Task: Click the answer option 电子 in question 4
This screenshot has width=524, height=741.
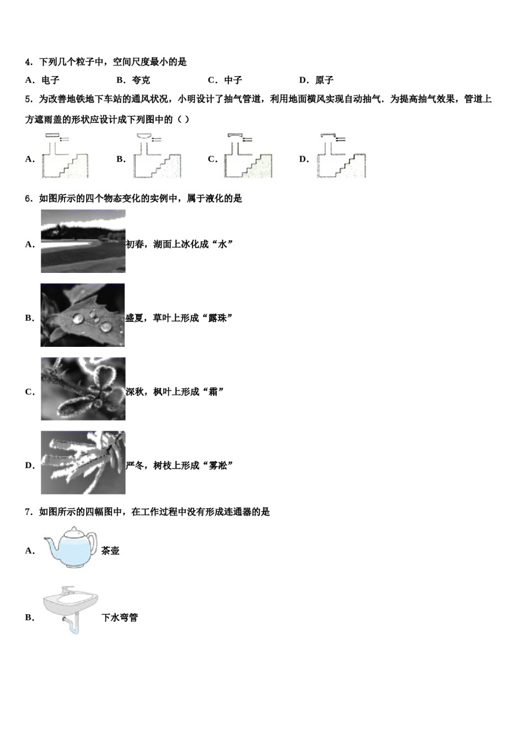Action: coord(50,80)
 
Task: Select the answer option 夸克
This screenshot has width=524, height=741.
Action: coord(141,80)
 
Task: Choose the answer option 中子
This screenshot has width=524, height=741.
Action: coord(233,80)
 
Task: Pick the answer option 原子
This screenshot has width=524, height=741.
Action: coord(324,80)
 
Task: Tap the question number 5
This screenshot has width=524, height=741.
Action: coord(29,99)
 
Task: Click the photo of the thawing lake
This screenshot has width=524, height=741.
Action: coord(83,241)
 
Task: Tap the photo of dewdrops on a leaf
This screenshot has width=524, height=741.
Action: coord(83,315)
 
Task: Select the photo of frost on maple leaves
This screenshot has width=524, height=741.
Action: coord(83,389)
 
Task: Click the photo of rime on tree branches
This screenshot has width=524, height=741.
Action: coord(83,463)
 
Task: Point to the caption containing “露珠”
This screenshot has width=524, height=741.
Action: coord(179,318)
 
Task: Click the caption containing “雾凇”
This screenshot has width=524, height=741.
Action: coord(180,466)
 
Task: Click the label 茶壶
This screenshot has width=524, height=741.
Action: coord(110,551)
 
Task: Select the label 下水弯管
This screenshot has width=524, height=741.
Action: coord(120,618)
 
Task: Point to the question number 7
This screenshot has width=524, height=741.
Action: coord(29,512)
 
